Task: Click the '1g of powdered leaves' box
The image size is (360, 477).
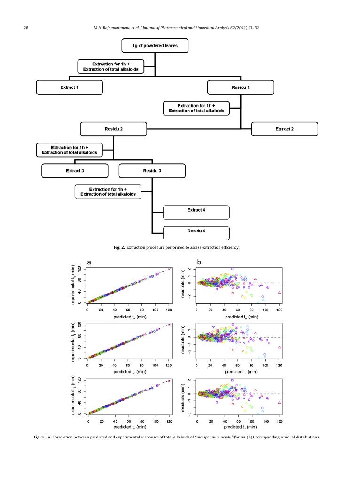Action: (155, 46)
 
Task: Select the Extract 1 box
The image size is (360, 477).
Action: (69, 87)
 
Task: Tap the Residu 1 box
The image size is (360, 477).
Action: (240, 87)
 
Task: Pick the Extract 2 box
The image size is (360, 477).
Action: (284, 129)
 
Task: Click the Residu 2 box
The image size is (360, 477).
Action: (113, 129)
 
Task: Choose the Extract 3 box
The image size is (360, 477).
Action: (75, 170)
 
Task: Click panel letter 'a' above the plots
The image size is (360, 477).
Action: (89, 262)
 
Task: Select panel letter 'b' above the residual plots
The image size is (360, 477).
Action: (199, 262)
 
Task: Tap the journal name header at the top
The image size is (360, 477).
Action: (176, 28)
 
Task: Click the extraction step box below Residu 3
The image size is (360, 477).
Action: (108, 191)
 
